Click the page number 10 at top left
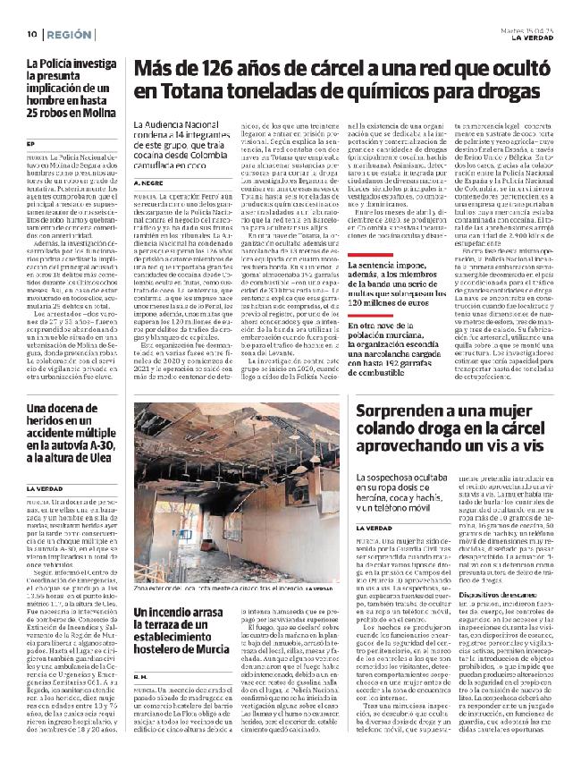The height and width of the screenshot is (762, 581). pyautogui.click(x=29, y=34)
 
